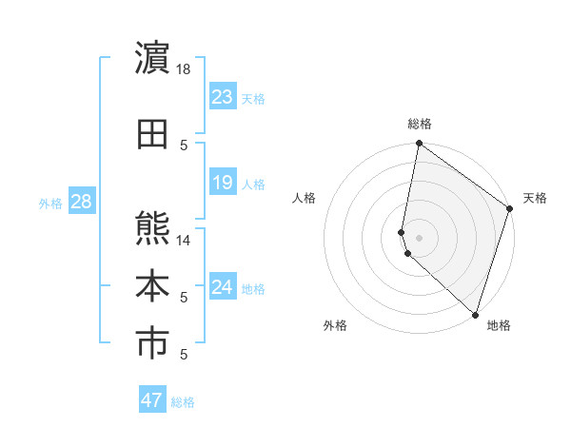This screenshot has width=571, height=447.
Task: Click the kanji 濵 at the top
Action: click(x=153, y=59)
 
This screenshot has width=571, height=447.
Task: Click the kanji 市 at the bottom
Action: click(x=153, y=345)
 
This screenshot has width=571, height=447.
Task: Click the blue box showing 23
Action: click(x=223, y=97)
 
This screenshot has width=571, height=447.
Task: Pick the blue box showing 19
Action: click(x=223, y=183)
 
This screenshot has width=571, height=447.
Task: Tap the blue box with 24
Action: click(x=223, y=287)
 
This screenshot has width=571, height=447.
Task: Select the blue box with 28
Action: click(x=80, y=202)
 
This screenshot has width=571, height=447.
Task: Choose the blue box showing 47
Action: click(x=152, y=400)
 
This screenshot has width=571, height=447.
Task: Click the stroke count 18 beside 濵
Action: click(x=184, y=68)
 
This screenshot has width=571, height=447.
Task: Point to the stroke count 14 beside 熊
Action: click(x=184, y=240)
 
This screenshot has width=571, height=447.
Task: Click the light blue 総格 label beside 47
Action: click(x=183, y=402)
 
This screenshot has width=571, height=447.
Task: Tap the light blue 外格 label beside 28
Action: click(x=50, y=203)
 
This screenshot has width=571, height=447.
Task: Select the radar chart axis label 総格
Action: click(x=420, y=124)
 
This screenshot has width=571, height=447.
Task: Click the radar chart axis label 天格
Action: click(x=535, y=198)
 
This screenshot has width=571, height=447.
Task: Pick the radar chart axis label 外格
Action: click(x=335, y=325)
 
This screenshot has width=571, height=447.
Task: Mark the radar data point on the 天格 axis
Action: click(x=510, y=209)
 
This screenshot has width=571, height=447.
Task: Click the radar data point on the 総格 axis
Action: click(x=419, y=144)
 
